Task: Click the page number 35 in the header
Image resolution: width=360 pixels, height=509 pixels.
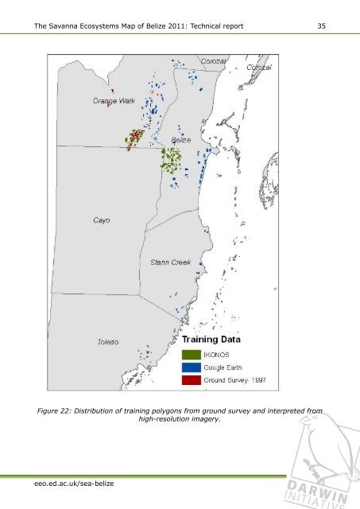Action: (321, 28)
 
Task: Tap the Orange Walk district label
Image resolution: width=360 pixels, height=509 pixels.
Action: (114, 101)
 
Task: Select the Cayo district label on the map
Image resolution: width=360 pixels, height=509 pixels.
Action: (100, 220)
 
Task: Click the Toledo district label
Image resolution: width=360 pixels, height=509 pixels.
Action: (108, 342)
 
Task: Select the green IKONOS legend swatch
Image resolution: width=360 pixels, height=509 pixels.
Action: (191, 353)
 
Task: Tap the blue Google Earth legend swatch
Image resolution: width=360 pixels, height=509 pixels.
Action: (191, 367)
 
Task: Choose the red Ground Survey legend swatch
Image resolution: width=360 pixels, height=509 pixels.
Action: (191, 380)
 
